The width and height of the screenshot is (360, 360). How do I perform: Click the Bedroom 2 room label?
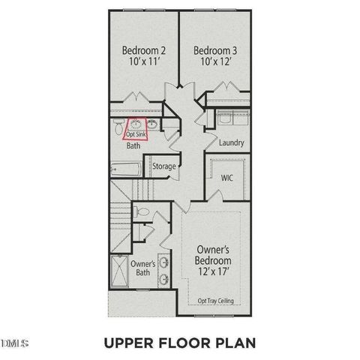click(144, 50)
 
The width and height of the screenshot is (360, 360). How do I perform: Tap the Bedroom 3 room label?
click(216, 50)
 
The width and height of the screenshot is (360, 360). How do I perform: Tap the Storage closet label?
click(164, 166)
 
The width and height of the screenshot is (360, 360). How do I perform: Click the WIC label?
click(226, 178)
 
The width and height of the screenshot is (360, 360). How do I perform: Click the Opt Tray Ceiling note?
click(215, 301)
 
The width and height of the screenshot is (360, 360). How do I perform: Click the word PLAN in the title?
click(235, 343)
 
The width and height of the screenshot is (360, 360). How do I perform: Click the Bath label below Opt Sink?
click(133, 146)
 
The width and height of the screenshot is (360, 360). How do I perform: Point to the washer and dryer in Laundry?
click(226, 118)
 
